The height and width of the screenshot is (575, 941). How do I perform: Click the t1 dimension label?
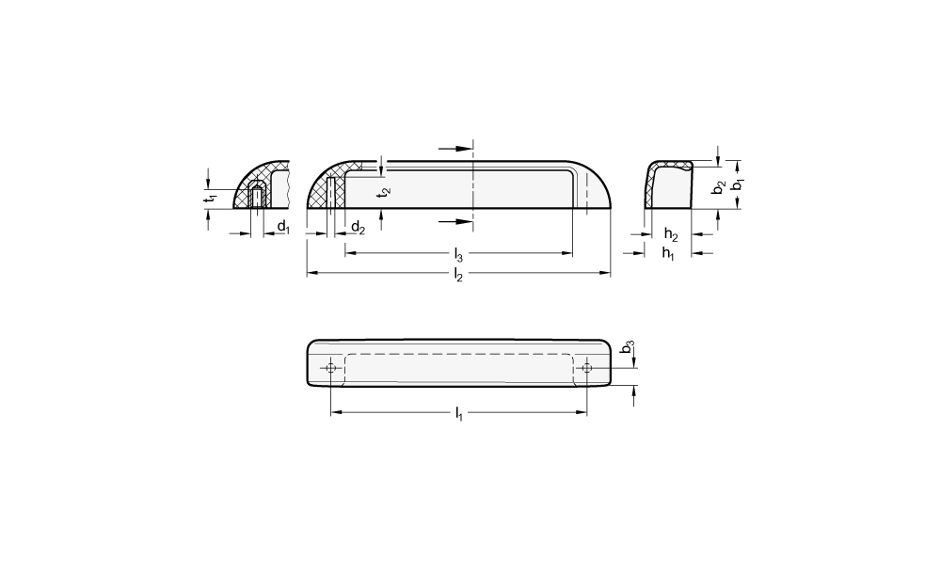tap(210, 199)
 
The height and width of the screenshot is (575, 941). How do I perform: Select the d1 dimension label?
tap(283, 227)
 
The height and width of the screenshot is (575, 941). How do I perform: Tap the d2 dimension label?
tap(358, 227)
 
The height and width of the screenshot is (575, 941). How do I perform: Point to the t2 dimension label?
tap(385, 192)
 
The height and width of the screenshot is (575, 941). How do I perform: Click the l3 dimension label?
tap(458, 255)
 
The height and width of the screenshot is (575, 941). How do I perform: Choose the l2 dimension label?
tap(458, 276)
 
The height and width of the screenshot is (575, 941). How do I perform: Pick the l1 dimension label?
tap(458, 413)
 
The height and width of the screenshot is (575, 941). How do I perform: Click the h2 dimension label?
tap(671, 234)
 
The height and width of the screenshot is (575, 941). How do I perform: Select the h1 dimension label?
tap(668, 253)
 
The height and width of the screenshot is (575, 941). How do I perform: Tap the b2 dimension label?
tap(719, 187)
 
